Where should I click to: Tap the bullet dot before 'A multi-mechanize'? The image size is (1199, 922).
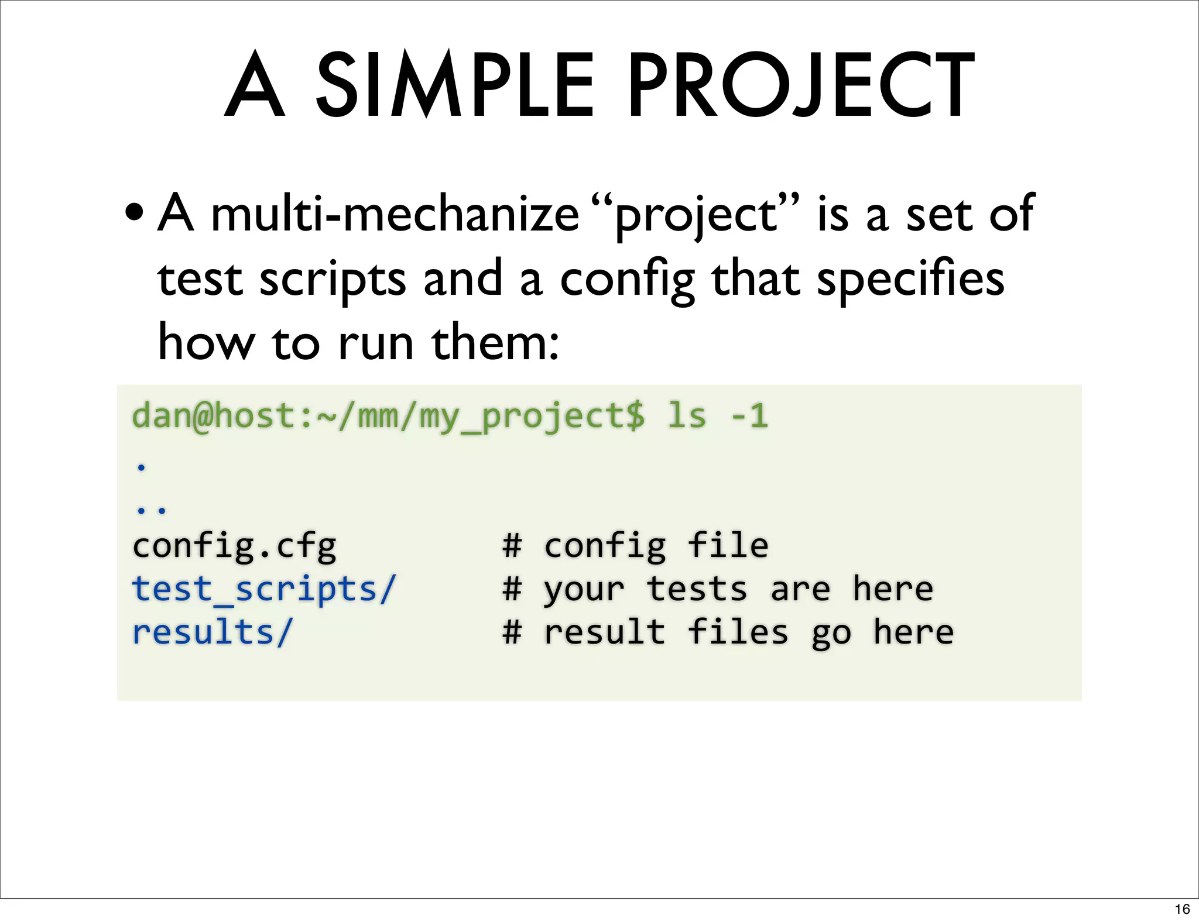tap(134, 213)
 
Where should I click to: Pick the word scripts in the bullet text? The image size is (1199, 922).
tap(332, 280)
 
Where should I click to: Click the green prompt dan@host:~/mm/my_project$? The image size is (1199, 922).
tap(388, 417)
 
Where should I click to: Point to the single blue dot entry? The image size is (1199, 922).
tap(141, 467)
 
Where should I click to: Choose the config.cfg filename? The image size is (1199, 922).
tap(234, 546)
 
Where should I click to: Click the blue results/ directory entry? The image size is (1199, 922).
tap(213, 632)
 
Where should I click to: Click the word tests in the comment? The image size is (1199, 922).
tap(697, 589)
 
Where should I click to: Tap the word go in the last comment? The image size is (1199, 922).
tap(831, 634)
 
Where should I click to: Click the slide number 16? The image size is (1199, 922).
tap(1182, 909)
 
